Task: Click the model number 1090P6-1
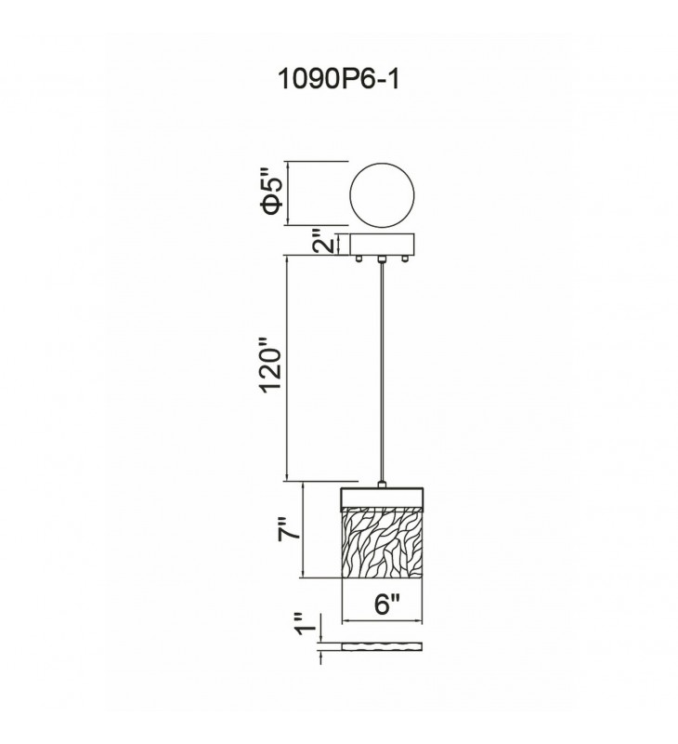(339, 78)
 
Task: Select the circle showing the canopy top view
(382, 195)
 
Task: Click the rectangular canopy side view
(382, 245)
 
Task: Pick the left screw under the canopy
(359, 259)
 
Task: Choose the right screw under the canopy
(405, 259)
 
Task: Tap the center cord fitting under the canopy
(382, 259)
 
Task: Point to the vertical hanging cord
(382, 373)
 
